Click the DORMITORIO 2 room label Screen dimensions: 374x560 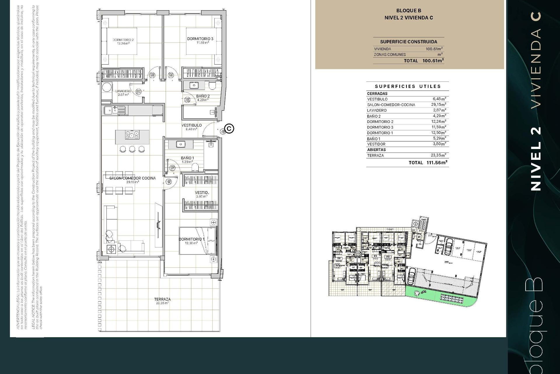click(x=123, y=40)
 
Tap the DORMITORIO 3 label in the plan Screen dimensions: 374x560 click(x=200, y=39)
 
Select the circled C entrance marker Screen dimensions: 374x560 click(x=230, y=129)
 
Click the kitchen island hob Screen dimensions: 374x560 click(x=132, y=135)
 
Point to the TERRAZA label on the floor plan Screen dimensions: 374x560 click(x=162, y=299)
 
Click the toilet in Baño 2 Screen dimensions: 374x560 click(x=212, y=85)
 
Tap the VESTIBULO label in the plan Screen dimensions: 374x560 click(x=192, y=125)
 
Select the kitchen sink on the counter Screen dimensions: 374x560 click(x=111, y=110)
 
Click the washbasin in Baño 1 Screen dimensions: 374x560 click(x=181, y=144)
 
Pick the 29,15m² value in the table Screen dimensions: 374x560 click(x=438, y=105)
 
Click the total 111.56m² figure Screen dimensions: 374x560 click(x=437, y=163)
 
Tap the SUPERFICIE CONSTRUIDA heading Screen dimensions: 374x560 click(x=408, y=42)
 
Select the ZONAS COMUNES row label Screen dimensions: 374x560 click(x=390, y=55)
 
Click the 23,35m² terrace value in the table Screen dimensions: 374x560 click(x=438, y=155)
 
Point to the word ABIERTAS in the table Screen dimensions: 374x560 click(x=376, y=150)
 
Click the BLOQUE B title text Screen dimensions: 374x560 click(x=409, y=11)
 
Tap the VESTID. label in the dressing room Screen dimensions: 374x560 click(x=202, y=193)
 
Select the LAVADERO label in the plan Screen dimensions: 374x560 click(x=123, y=91)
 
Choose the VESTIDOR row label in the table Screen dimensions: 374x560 click(x=376, y=144)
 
